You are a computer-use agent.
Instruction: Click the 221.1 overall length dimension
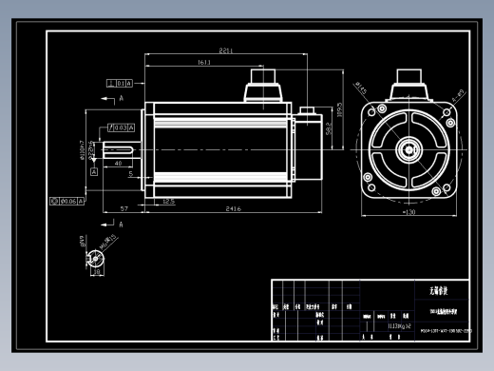point(226,50)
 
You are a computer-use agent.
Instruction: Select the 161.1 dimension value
point(204,63)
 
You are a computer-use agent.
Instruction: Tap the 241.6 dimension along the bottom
point(232,208)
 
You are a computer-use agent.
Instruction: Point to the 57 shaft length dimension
point(124,208)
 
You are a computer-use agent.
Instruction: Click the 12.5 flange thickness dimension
point(168,202)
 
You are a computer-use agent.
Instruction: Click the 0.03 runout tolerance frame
point(122,127)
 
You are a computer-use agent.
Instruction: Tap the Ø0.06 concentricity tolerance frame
point(66,202)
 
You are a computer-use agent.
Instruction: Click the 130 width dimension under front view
point(408,212)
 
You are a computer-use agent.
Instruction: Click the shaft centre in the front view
point(409,147)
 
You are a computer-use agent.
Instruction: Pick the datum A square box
point(93,173)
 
